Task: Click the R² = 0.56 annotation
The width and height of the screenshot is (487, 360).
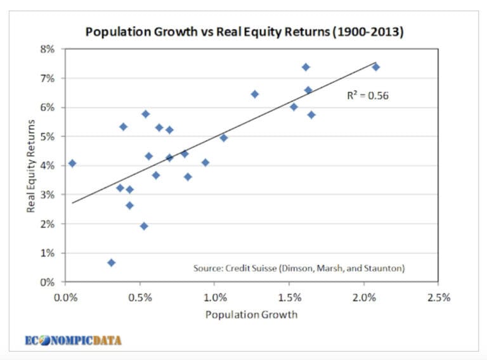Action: pyautogui.click(x=367, y=96)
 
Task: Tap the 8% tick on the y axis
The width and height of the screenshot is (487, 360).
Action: pyautogui.click(x=49, y=49)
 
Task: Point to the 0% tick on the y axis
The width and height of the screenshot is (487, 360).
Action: pyautogui.click(x=49, y=282)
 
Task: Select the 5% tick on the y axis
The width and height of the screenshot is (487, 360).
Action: pyautogui.click(x=49, y=136)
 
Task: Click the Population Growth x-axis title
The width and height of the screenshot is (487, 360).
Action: pyautogui.click(x=252, y=314)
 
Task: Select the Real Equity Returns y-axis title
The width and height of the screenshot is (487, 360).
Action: pyautogui.click(x=30, y=166)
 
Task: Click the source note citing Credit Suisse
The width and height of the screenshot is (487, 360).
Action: pyautogui.click(x=299, y=268)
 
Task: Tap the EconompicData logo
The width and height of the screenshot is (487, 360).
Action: pyautogui.click(x=73, y=340)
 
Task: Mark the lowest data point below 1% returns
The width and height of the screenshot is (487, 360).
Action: pyautogui.click(x=112, y=262)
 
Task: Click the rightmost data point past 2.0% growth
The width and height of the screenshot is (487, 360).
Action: pyautogui.click(x=375, y=67)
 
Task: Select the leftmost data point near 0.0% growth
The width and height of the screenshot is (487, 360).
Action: pyautogui.click(x=72, y=164)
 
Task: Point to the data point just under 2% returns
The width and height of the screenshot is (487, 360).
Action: pyautogui.click(x=144, y=226)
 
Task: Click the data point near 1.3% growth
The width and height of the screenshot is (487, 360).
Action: pyautogui.click(x=255, y=94)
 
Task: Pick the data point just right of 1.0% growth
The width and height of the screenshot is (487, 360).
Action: pyautogui.click(x=223, y=138)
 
